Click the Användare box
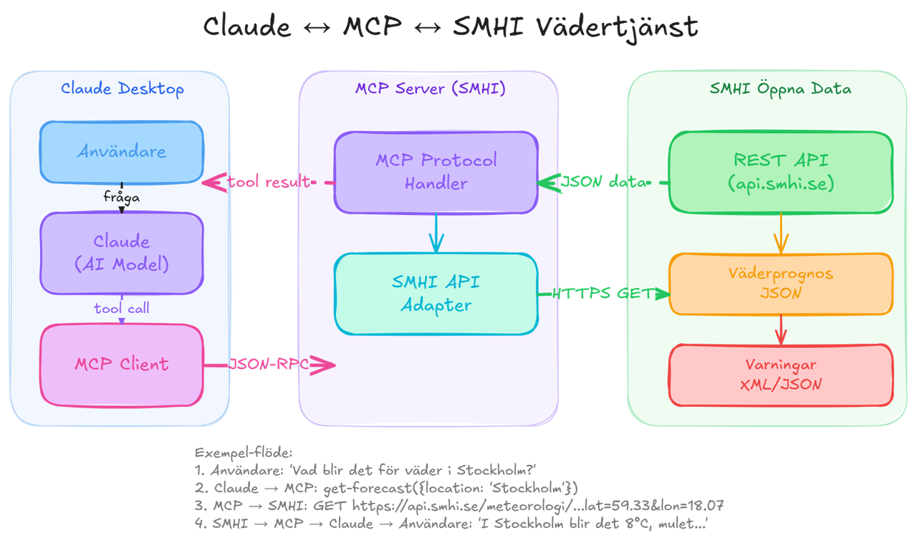pos(121,152)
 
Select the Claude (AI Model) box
pos(121,253)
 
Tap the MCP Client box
pos(121,365)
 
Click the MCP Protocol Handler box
pos(436,172)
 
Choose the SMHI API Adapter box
pos(436,294)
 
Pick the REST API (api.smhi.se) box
pos(780,172)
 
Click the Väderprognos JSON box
pos(780,284)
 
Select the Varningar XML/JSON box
pos(780,375)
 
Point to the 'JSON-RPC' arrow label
pos(269,365)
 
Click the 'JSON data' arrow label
pos(604,183)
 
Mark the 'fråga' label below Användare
pos(121,197)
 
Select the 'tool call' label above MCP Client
pos(121,309)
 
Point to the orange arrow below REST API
pos(780,233)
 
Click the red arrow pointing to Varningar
pos(780,330)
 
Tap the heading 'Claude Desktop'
pos(122,89)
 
